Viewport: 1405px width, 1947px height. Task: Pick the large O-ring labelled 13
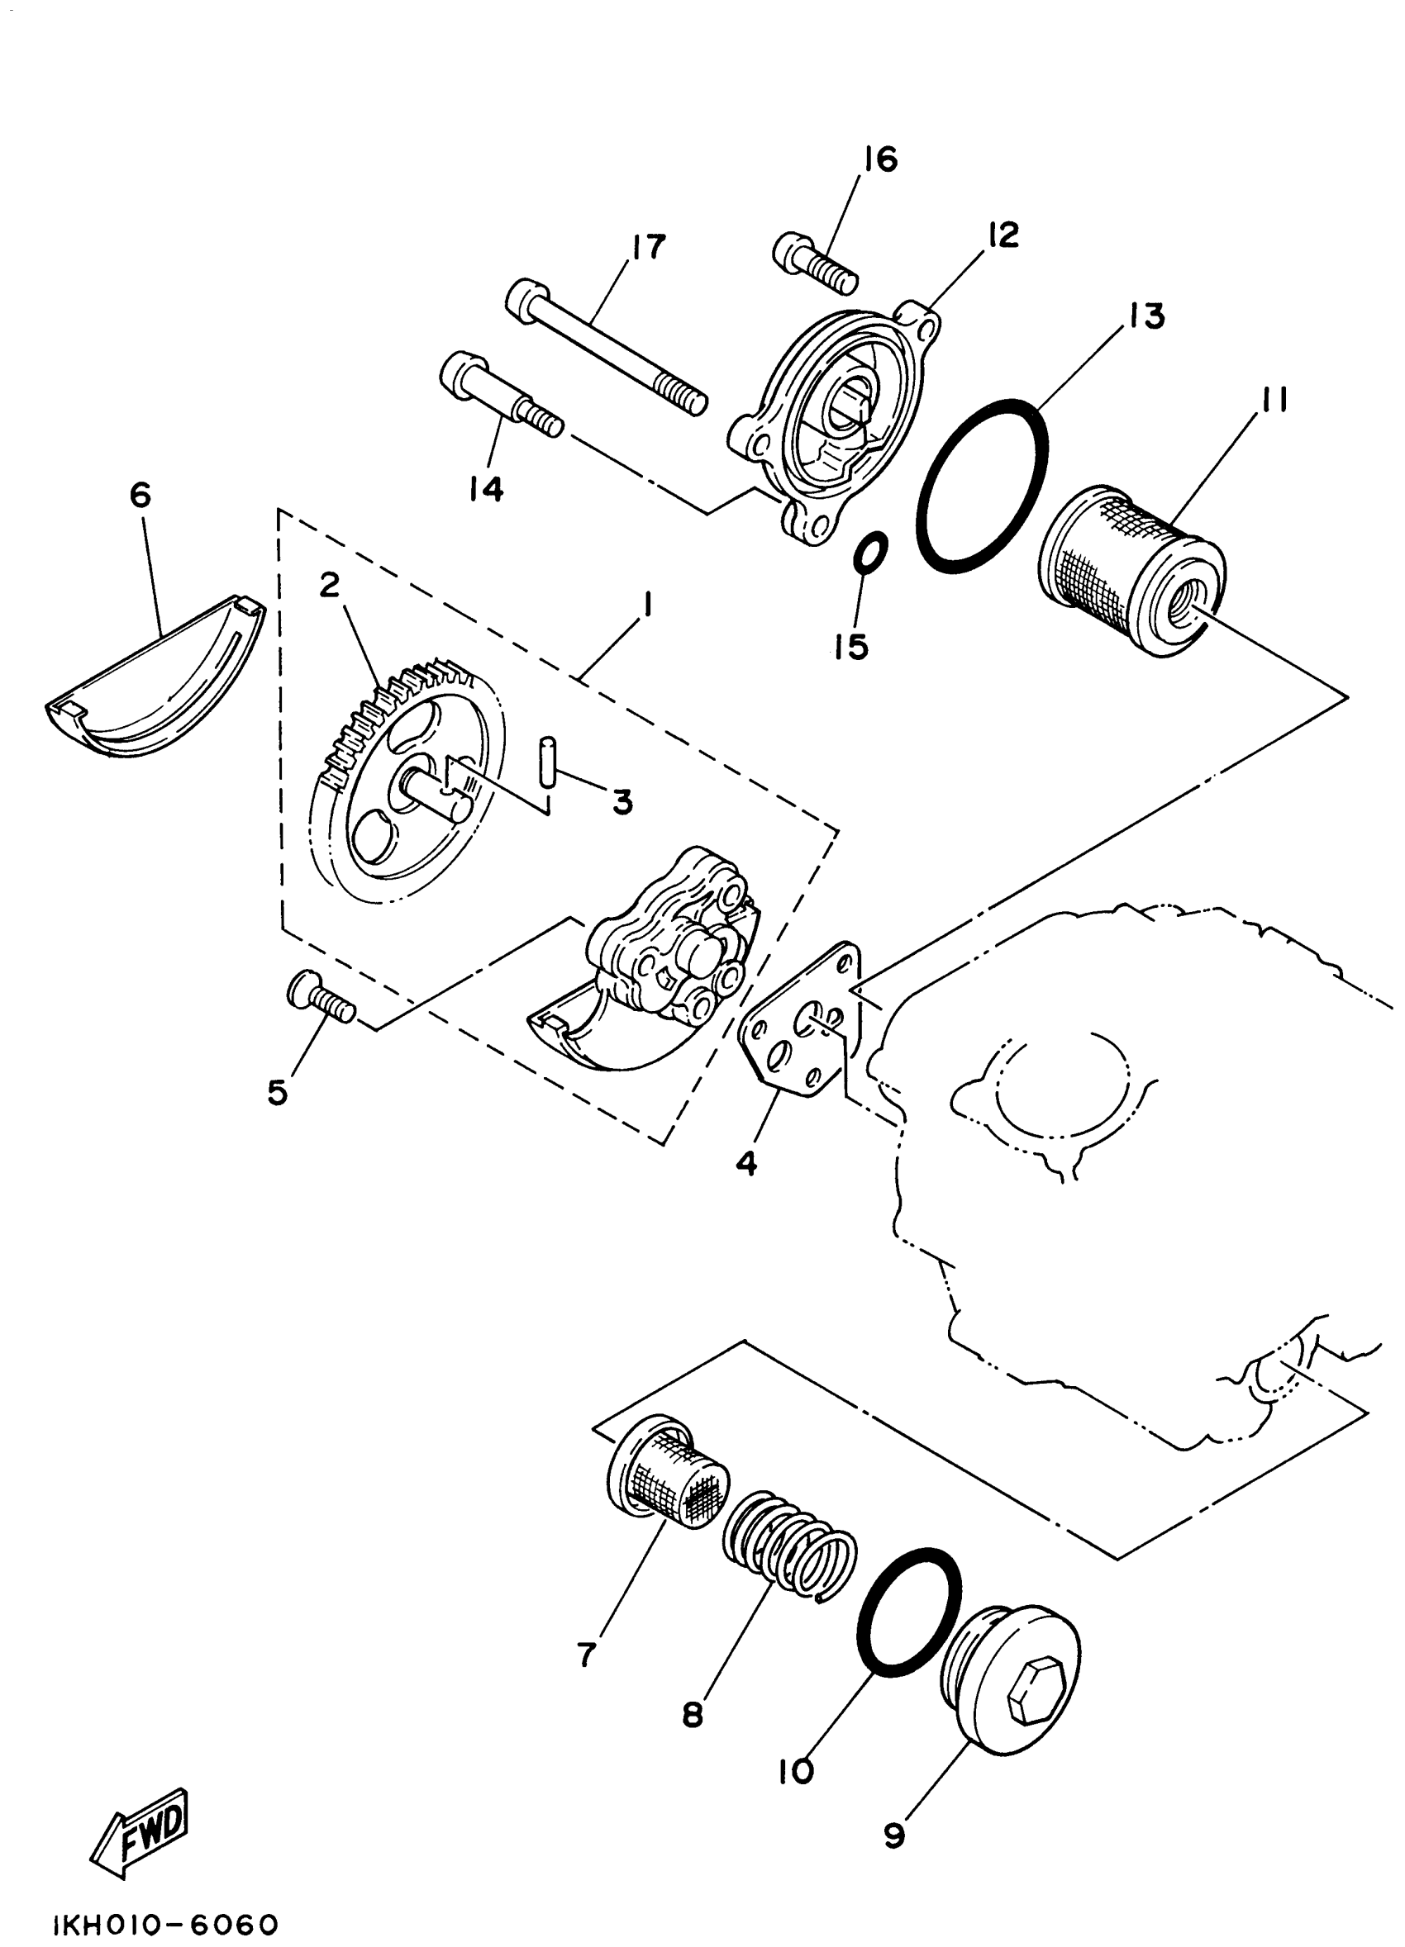983,486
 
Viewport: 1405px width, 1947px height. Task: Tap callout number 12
1003,235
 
